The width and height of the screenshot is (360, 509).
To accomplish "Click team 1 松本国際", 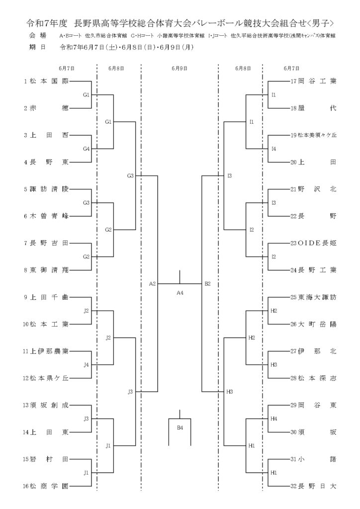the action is click(46, 81).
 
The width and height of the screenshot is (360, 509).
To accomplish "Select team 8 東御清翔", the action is click(46, 270).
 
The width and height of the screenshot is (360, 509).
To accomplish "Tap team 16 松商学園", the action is click(45, 486).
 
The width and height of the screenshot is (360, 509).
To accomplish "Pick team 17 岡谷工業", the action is click(313, 81).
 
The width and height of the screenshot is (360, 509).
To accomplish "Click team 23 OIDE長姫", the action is click(313, 243).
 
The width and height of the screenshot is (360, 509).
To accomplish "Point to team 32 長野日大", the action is click(313, 486).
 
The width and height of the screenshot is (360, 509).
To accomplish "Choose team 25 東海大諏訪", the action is click(313, 297).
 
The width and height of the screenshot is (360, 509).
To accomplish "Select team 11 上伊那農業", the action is click(45, 351).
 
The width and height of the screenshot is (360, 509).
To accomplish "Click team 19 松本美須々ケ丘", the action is click(313, 135).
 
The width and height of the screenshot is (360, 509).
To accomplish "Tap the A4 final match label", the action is click(180, 293).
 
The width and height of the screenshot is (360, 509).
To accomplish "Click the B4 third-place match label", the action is click(180, 428).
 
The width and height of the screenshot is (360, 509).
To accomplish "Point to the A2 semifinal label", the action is click(152, 284).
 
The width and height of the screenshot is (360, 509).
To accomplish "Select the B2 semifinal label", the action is click(208, 284).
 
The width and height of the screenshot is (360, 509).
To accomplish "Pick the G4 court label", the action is click(86, 149).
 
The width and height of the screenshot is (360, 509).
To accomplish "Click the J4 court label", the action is click(86, 365).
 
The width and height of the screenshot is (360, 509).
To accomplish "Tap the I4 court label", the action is click(273, 149).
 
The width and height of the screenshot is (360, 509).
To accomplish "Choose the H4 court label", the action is click(273, 419).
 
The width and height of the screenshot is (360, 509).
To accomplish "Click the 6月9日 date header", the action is click(180, 69).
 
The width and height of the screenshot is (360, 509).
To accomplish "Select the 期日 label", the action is click(37, 47).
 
